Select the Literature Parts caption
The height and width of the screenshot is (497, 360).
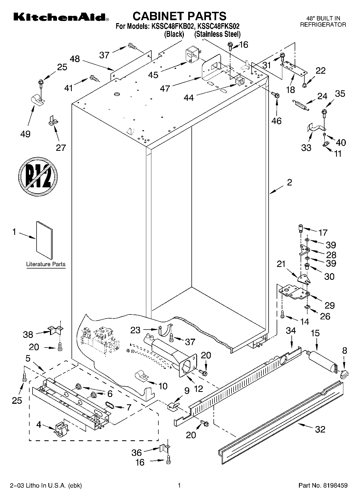tap(46, 264)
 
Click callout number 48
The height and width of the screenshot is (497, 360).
tap(75, 59)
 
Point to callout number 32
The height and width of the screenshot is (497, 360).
tap(320, 429)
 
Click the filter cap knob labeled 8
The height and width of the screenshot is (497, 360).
tap(344, 373)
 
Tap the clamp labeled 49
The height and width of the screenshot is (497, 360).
tap(37, 100)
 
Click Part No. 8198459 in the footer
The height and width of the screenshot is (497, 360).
tap(323, 485)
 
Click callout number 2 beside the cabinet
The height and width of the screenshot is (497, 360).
tap(289, 183)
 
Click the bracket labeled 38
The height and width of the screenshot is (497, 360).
tap(55, 330)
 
